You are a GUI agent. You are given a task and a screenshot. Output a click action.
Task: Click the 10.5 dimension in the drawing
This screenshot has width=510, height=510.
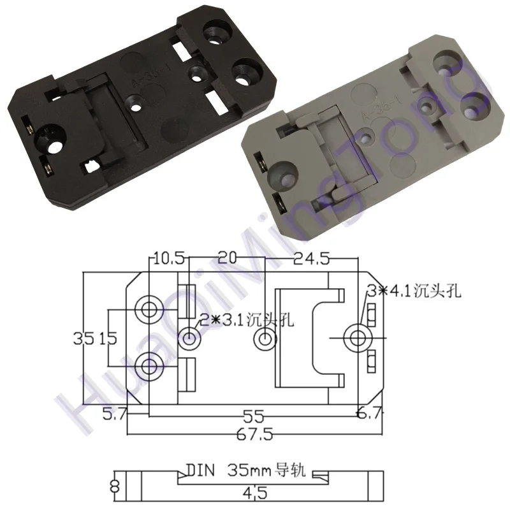coord(168,258)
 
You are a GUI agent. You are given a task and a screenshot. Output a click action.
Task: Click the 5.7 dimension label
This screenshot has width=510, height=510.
coord(115,415)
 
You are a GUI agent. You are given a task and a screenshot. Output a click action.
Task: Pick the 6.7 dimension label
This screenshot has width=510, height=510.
coord(370,415)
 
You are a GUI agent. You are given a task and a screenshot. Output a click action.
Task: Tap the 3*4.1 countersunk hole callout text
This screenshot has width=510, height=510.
coord(414,292)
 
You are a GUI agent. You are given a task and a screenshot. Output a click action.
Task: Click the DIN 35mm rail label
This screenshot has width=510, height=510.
coord(245,472)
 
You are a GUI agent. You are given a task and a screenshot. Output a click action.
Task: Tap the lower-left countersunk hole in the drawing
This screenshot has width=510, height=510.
coord(150,366)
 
